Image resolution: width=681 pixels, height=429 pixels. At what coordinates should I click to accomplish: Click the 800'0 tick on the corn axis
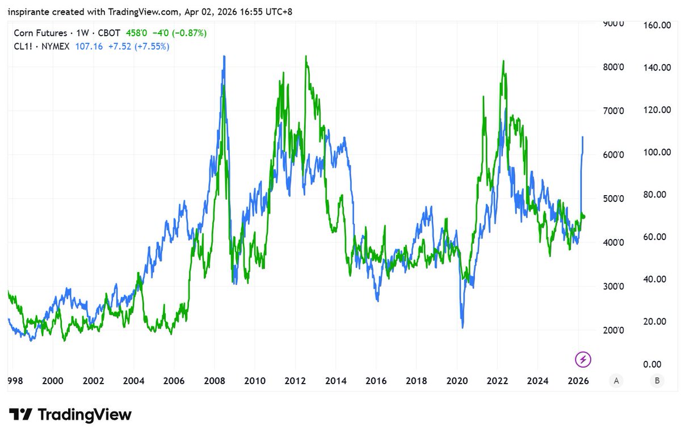point(613,68)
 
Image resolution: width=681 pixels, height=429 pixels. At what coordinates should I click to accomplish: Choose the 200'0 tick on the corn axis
point(613,331)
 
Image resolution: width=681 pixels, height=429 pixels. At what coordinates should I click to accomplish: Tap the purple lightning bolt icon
point(583,359)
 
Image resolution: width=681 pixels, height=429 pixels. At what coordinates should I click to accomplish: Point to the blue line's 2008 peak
point(224,56)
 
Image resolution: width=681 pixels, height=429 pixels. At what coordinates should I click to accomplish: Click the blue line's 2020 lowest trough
point(463,327)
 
